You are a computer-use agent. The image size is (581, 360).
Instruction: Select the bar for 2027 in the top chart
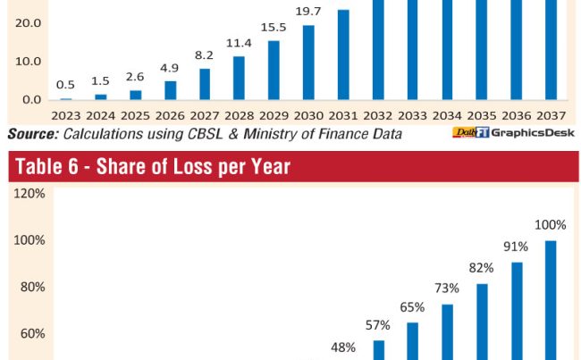click(x=205, y=84)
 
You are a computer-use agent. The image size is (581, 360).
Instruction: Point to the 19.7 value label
click(x=308, y=10)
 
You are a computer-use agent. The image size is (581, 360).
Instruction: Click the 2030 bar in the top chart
click(x=308, y=62)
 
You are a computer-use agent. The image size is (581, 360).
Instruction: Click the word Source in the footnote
click(x=33, y=134)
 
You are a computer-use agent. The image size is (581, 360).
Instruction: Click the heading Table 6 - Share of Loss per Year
click(x=149, y=166)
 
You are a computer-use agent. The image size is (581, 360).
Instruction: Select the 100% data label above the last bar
click(x=551, y=224)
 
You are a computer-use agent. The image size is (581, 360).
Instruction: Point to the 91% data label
click(x=517, y=247)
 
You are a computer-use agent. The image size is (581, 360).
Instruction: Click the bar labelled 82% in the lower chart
click(x=483, y=322)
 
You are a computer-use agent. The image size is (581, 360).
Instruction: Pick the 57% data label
click(x=378, y=324)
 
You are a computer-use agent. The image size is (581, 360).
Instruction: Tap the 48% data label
click(x=343, y=347)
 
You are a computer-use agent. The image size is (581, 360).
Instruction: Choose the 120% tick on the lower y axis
click(x=29, y=194)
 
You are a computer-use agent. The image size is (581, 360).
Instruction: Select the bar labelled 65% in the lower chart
click(x=413, y=340)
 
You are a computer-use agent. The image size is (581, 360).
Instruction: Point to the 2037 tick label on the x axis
click(x=550, y=115)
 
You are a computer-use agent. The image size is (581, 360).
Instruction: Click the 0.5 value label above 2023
click(x=65, y=85)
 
